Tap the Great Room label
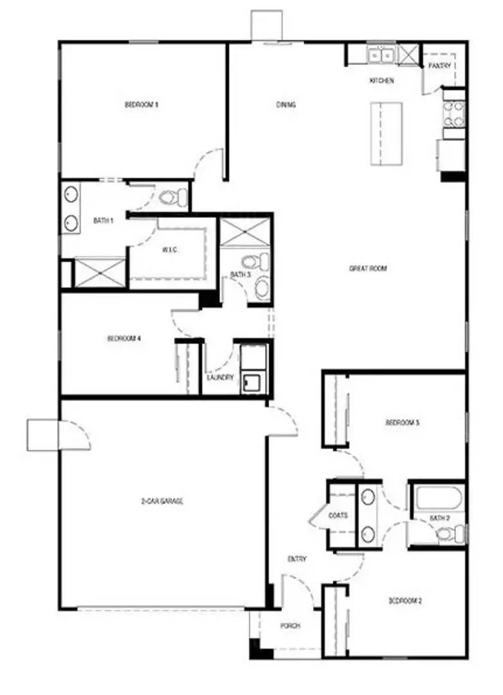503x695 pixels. (368, 268)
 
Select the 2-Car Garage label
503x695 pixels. (163, 501)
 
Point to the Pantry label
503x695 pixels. (443, 66)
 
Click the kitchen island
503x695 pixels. (386, 133)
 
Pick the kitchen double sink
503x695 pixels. (381, 56)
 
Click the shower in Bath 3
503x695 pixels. (245, 232)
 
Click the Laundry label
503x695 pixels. (220, 378)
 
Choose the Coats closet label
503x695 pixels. (338, 515)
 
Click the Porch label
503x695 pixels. (287, 625)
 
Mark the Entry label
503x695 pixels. (297, 559)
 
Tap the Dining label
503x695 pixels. (286, 104)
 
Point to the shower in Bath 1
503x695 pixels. (100, 272)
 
